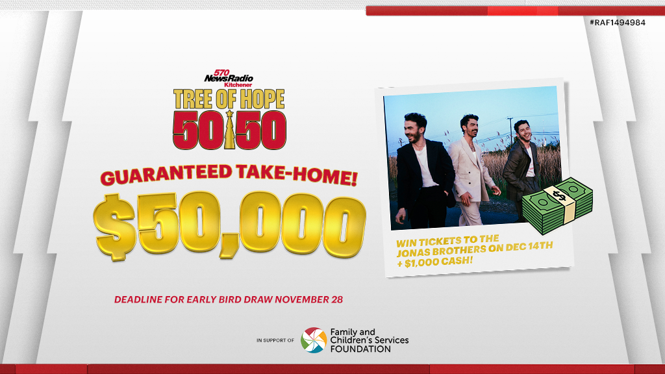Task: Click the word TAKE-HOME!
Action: (298, 176)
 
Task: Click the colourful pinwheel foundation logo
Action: (314, 340)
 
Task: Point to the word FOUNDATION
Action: (360, 349)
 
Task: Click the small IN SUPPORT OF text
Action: (275, 340)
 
